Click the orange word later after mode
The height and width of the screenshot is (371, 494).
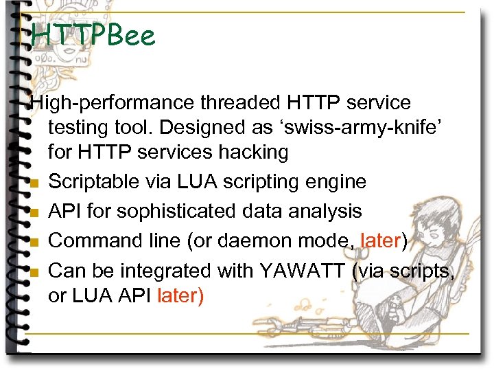coord(379,241)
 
